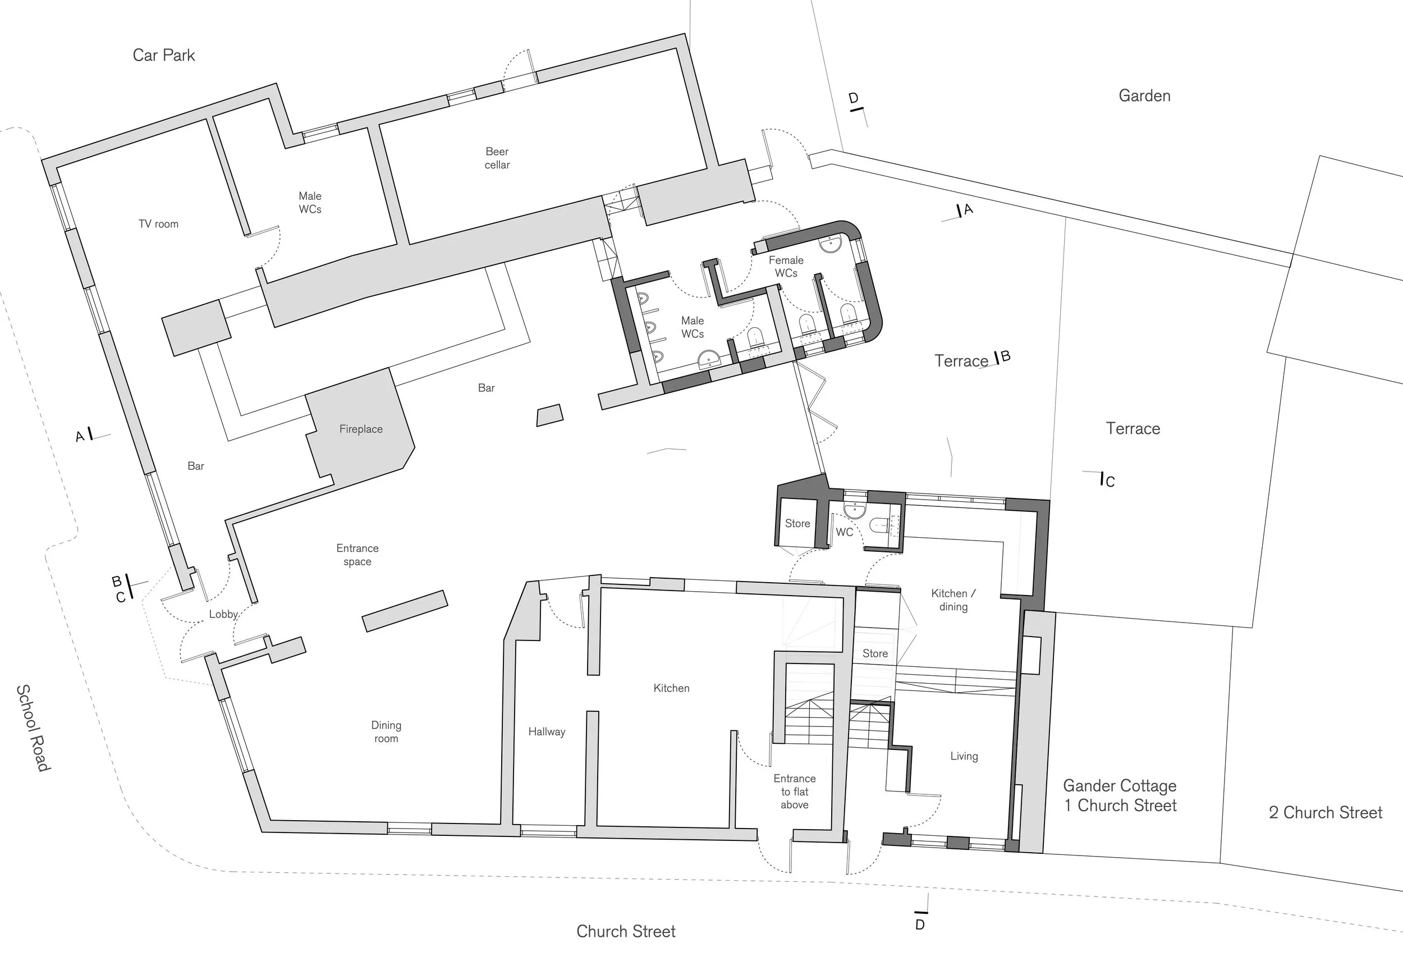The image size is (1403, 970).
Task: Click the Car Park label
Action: pos(163,56)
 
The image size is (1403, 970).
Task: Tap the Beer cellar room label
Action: pos(497,158)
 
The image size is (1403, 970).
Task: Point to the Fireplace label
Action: pos(361,429)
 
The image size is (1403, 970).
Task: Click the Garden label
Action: pos(1144,96)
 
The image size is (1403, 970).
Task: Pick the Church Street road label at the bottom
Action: pos(626,932)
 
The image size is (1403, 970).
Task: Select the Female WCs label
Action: pos(786,267)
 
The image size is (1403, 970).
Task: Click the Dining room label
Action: pos(386,732)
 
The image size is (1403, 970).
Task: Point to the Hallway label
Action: pos(546,732)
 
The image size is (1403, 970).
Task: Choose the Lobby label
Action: pos(223,615)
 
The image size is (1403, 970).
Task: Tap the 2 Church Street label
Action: pos(1325,813)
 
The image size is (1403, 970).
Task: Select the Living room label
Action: pos(964,756)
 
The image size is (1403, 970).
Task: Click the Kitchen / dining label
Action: pos(953,600)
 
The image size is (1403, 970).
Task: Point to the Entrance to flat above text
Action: pos(794,791)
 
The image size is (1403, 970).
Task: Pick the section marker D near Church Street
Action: pos(920,925)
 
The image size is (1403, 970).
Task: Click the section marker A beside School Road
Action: pos(80,436)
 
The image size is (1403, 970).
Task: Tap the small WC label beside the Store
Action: pos(844,532)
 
